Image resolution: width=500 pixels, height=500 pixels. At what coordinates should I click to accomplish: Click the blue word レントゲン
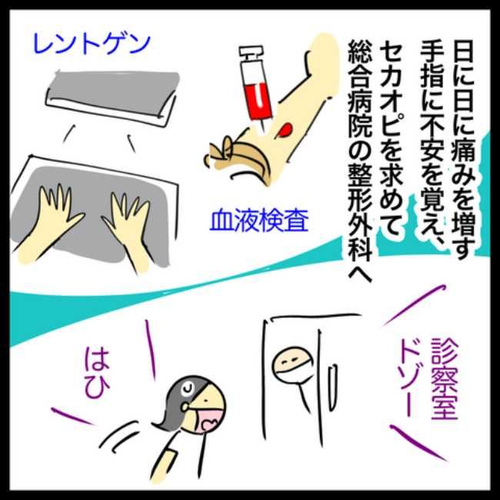click(x=90, y=43)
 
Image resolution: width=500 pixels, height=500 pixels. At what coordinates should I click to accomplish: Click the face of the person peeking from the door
click(x=289, y=362)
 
